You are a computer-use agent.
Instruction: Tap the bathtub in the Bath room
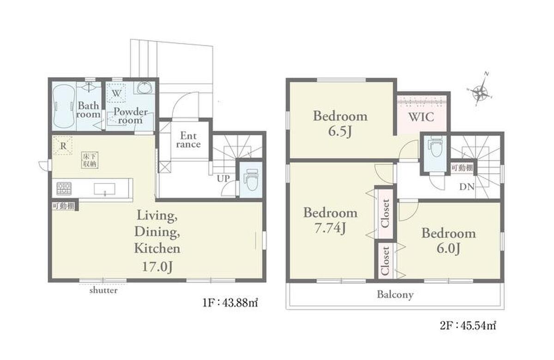[x=64, y=106]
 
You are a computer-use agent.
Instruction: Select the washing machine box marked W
[x=116, y=93]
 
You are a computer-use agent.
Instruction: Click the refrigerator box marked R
[x=63, y=145]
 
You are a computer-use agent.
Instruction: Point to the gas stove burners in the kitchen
[x=64, y=188]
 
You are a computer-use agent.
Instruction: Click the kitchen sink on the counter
[x=104, y=189]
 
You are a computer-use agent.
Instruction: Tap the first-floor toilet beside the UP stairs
[x=251, y=179]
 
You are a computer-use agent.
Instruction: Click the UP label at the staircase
[x=223, y=178]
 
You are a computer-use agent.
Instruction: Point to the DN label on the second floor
[x=467, y=187]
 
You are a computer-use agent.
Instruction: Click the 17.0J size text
[x=157, y=267]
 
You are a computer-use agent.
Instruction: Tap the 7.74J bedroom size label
[x=330, y=228]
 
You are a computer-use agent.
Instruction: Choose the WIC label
[x=421, y=117]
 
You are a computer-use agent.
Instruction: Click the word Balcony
[x=395, y=294]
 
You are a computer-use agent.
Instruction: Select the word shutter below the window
[x=103, y=290]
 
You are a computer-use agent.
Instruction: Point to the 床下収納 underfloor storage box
[x=90, y=160]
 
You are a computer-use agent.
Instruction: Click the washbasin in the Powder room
[x=144, y=88]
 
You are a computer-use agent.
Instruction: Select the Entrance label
[x=188, y=140]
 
